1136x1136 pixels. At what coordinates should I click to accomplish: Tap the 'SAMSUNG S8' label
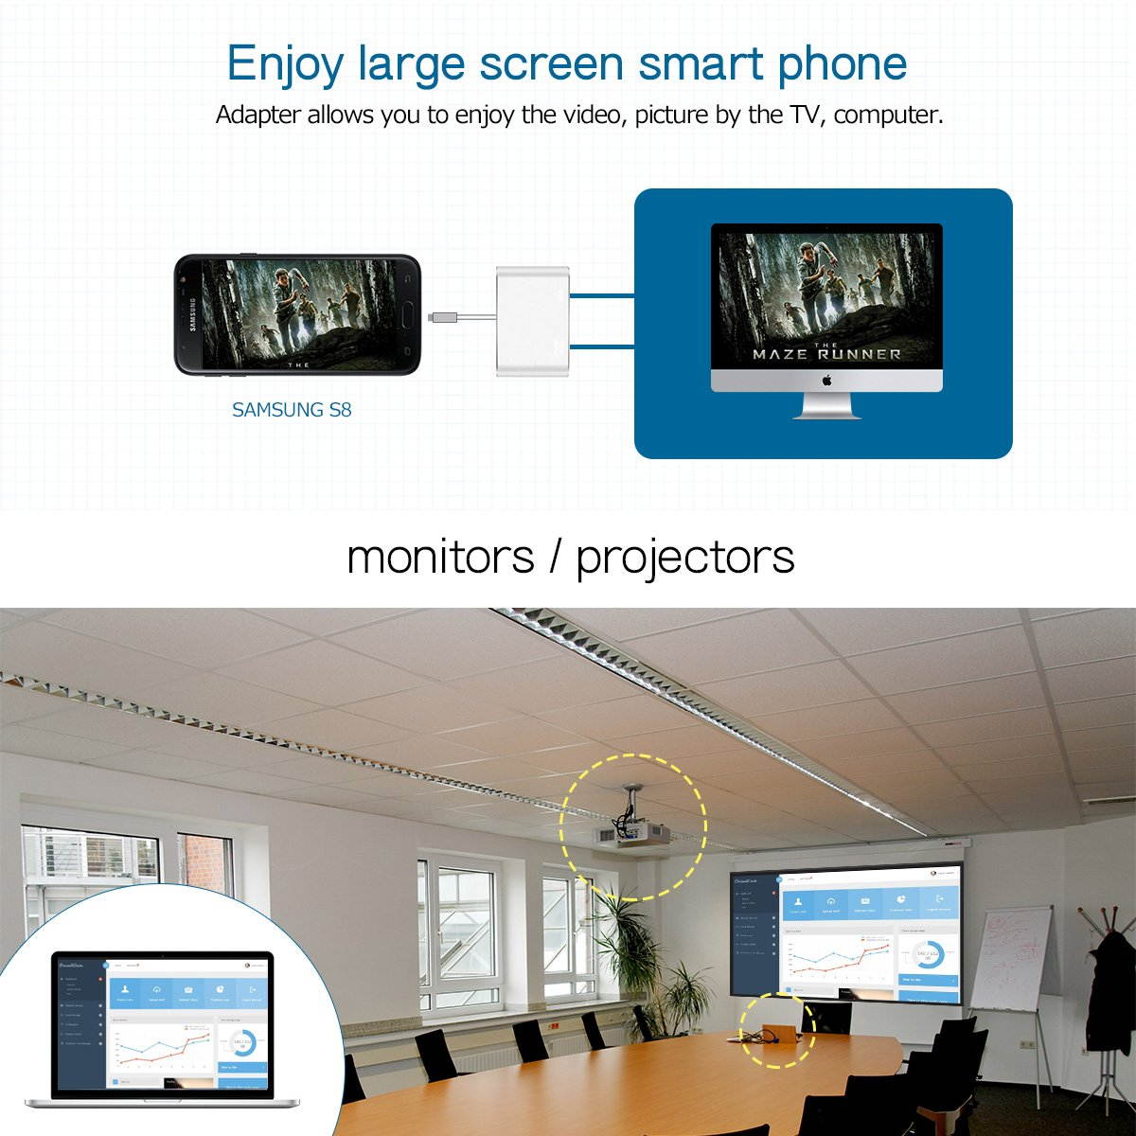click(x=292, y=410)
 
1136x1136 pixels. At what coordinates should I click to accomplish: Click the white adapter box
click(x=534, y=322)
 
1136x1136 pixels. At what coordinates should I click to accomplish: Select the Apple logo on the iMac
click(x=825, y=381)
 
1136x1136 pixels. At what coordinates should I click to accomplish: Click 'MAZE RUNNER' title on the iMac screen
click(x=826, y=354)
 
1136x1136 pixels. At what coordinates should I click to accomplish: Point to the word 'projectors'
click(x=685, y=557)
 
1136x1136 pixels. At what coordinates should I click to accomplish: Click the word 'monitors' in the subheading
click(x=440, y=557)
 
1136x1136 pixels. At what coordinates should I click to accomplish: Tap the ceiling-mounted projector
click(x=631, y=834)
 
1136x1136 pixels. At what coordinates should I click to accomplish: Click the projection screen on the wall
click(x=846, y=932)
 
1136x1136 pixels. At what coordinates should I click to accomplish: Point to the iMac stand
click(x=826, y=405)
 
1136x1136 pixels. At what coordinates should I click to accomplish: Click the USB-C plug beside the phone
click(x=439, y=316)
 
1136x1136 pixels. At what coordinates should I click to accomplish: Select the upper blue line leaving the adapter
click(x=602, y=295)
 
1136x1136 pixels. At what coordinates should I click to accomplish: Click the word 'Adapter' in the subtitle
click(x=257, y=115)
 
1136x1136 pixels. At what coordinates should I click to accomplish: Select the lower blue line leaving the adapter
click(x=602, y=347)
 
